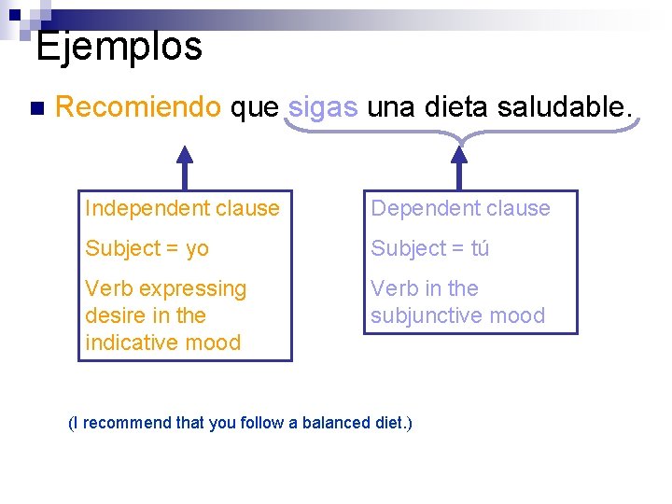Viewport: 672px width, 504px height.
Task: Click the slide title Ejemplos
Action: point(119,46)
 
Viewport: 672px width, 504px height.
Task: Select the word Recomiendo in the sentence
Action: point(138,107)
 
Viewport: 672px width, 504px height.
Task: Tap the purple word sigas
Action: point(323,107)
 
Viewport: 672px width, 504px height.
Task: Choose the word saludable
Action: point(566,107)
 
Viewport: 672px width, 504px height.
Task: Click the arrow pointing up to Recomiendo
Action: point(185,167)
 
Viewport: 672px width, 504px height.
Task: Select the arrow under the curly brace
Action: point(458,169)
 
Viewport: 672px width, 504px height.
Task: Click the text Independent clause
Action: point(182,208)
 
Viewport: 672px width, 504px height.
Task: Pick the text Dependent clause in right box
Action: point(460,208)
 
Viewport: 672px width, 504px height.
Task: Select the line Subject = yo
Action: point(147,248)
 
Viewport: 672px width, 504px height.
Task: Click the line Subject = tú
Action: point(429,248)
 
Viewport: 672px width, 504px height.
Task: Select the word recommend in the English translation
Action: point(126,423)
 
